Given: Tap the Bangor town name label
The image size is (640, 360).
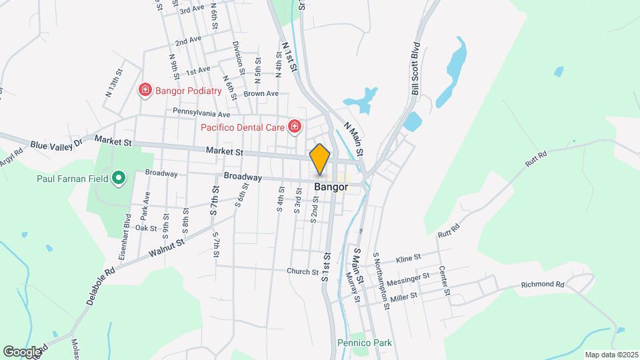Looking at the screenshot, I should point(331,187).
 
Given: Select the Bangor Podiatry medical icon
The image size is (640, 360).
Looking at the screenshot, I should point(145,90).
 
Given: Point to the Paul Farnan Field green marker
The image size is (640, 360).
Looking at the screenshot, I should point(119,178).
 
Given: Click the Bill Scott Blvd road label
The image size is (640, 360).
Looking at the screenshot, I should point(415,69).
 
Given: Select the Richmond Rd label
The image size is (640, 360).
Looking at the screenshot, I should point(543,284).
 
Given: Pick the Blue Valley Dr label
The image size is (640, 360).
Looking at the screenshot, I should point(56,144).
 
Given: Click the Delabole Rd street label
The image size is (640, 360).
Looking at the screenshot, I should point(101,287).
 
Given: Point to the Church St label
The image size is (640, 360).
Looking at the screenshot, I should point(303,271).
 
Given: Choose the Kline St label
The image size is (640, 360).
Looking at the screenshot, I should point(409,257).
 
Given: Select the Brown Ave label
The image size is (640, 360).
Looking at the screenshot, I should point(261,93).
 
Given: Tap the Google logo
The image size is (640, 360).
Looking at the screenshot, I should point(22,351).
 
